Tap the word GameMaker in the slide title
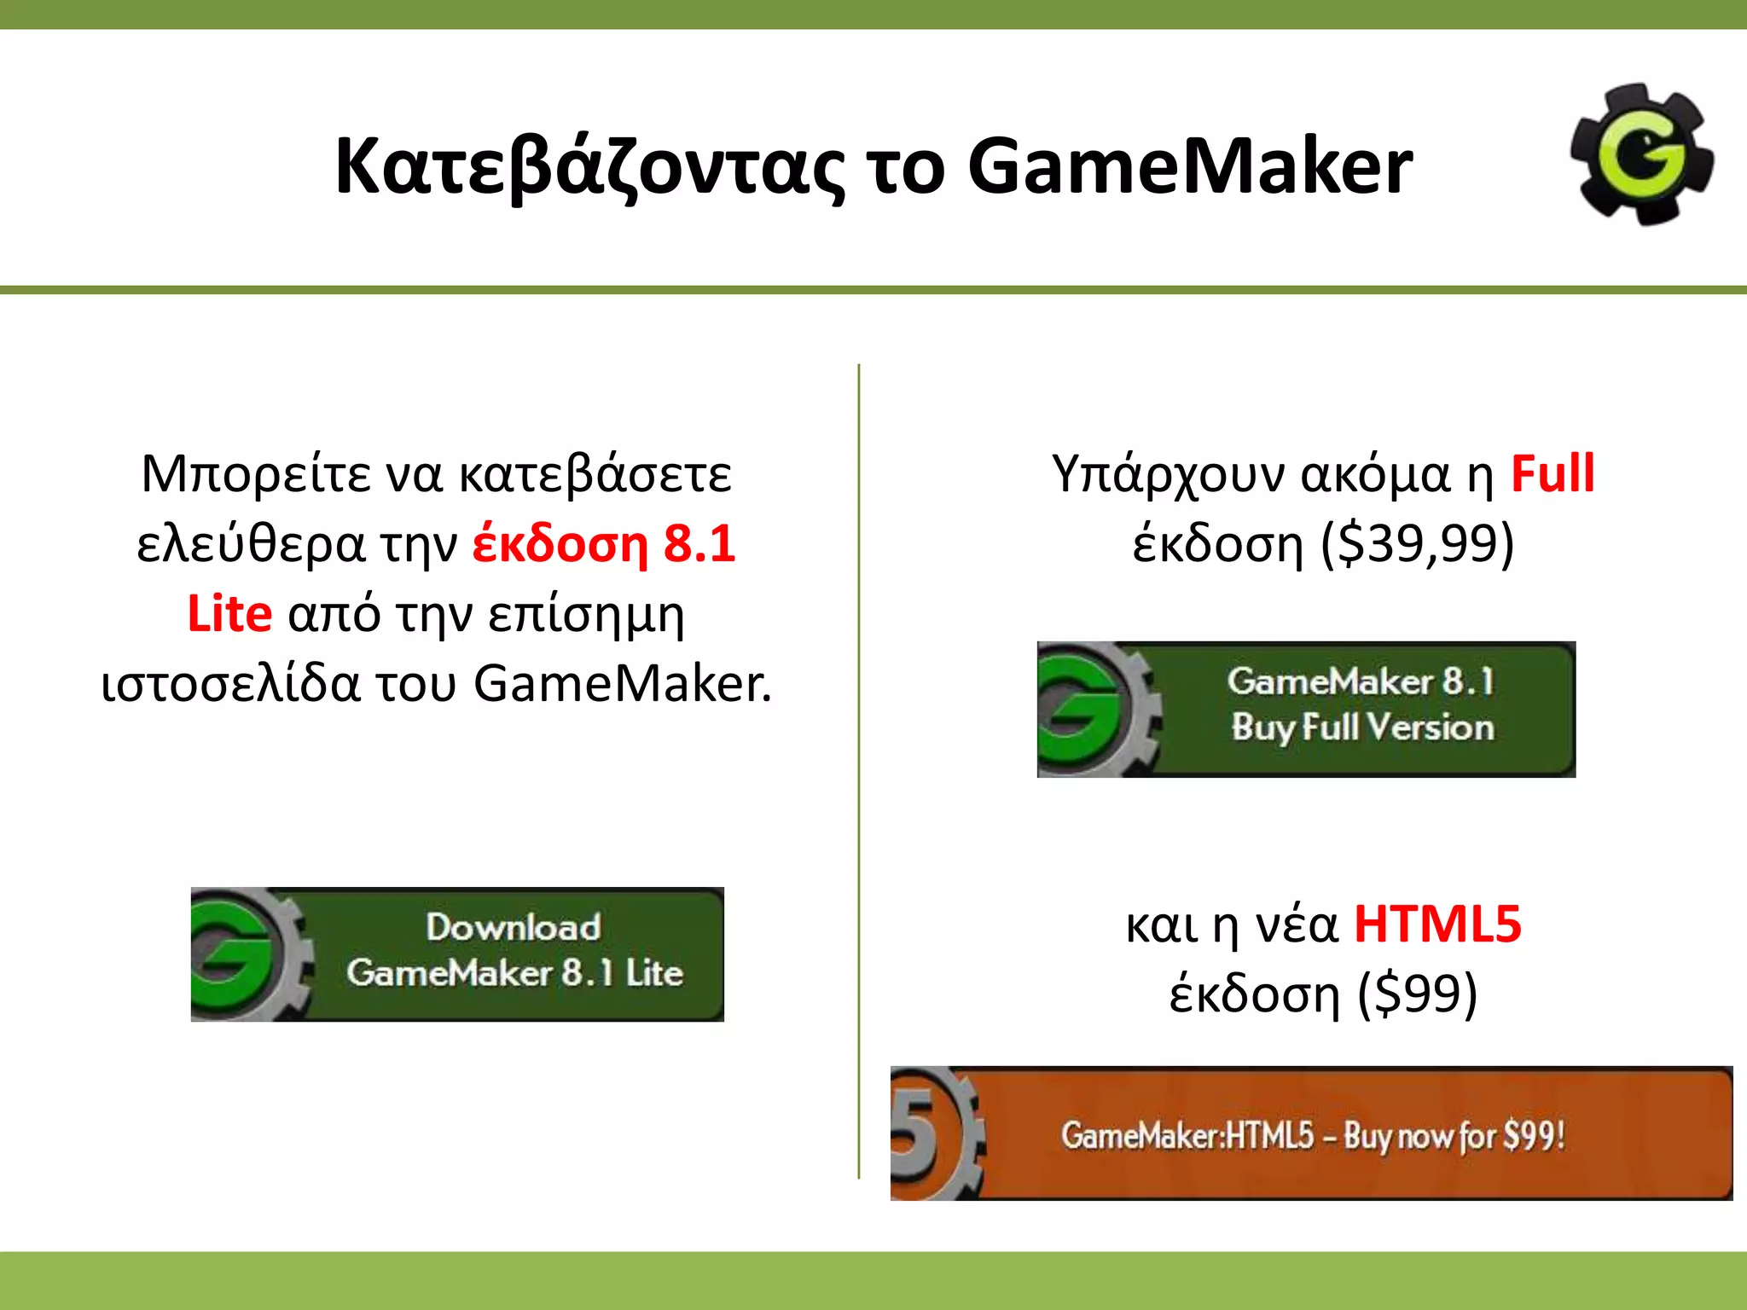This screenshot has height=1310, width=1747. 1189,165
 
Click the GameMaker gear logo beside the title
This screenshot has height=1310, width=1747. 1642,154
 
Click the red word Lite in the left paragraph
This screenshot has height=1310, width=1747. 229,614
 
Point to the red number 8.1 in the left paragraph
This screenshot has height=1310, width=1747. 699,544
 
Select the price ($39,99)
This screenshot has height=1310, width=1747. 1417,544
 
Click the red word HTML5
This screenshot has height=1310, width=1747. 1437,925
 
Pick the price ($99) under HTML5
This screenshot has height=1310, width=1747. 1417,994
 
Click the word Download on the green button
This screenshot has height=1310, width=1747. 514,928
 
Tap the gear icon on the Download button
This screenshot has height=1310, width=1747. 247,954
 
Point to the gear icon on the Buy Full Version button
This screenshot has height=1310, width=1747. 1096,710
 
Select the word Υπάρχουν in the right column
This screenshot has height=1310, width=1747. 1168,474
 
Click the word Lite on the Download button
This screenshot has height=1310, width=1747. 654,973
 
